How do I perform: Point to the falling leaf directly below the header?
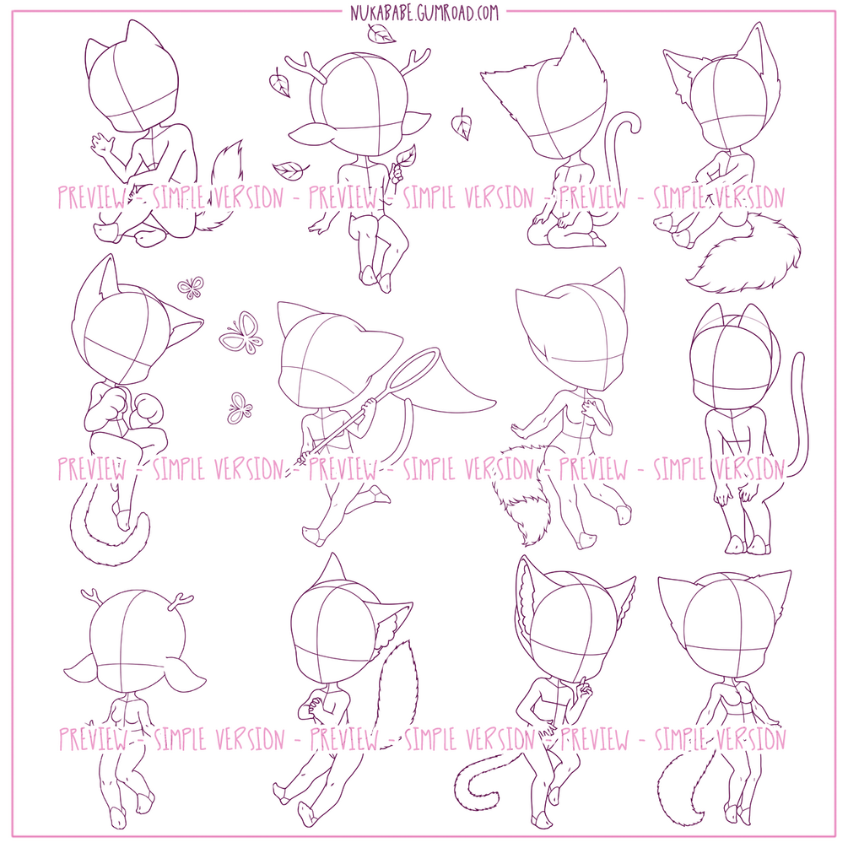(x=382, y=34)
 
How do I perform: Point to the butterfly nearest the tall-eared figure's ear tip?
(x=191, y=287)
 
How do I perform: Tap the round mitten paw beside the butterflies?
(x=146, y=410)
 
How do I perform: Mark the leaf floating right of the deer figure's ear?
(x=462, y=124)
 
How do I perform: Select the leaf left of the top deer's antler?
(x=279, y=83)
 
